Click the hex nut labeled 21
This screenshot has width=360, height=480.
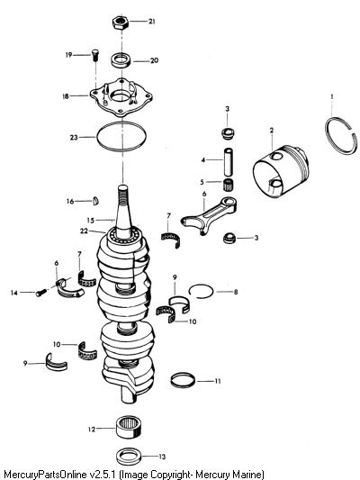[x=121, y=22]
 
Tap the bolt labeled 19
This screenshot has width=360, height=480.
[x=94, y=56]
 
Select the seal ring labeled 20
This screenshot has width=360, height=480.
[x=121, y=59]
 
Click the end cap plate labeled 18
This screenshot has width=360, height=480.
[x=121, y=96]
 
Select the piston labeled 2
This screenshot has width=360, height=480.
[x=281, y=171]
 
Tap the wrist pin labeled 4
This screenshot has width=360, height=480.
[x=229, y=162]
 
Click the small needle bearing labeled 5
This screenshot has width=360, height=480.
[x=229, y=185]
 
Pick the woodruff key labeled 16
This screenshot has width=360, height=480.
[x=95, y=201]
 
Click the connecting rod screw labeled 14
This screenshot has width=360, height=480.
[x=41, y=293]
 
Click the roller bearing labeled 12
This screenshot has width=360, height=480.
[x=129, y=428]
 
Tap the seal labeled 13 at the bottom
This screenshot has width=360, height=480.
[x=128, y=456]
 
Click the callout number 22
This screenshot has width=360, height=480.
[x=84, y=231]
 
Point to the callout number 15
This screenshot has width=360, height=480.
[x=91, y=221]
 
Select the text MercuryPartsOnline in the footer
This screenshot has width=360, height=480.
[x=45, y=474]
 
